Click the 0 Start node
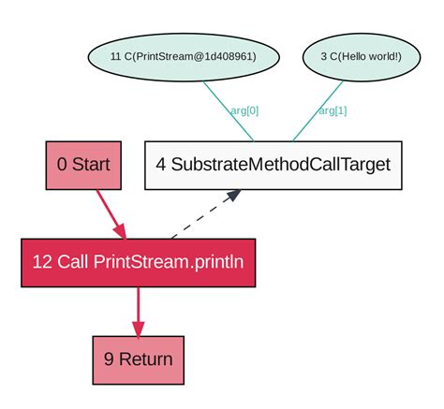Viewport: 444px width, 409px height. (83, 165)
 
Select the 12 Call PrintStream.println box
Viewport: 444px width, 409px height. (138, 262)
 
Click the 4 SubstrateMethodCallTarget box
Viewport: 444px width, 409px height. (273, 165)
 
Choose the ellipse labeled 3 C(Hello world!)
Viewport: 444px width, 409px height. (359, 56)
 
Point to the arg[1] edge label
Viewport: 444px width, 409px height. (333, 110)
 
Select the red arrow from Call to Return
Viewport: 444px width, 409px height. (139, 307)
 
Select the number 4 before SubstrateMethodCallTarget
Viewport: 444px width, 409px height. (161, 165)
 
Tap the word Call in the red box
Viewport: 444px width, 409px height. (73, 262)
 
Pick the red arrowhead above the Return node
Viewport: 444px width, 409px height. (139, 329)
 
